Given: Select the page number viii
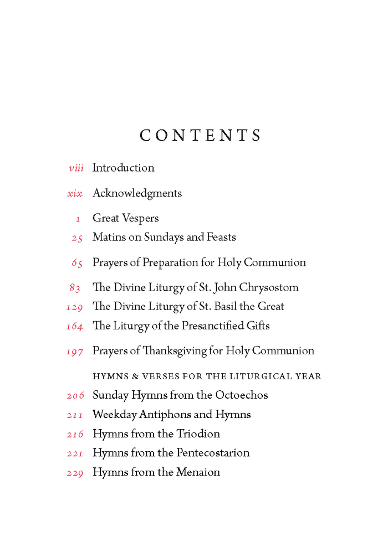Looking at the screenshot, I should tap(76, 168).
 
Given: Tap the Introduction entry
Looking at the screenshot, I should tap(123, 168).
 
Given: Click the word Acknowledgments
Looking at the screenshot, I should tap(137, 193).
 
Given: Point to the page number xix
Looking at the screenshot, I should tap(75, 194).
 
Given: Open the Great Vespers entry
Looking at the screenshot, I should tap(125, 219).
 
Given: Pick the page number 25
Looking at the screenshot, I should tap(77, 238).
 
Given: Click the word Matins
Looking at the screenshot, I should tap(109, 238).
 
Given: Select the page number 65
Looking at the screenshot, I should tap(77, 264).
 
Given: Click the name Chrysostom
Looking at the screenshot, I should tap(269, 288).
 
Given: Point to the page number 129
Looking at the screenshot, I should tap(74, 307).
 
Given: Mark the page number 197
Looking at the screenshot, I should tap(74, 352).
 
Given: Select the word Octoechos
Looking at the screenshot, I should tap(240, 395).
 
